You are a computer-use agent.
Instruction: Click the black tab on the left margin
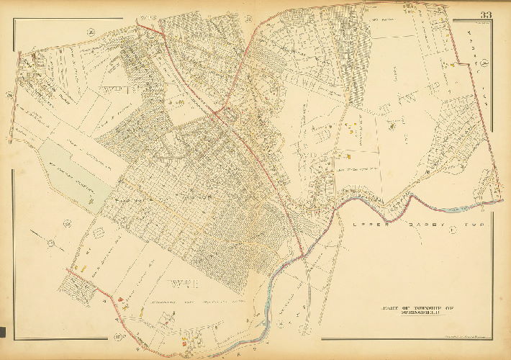click(x=3, y=332)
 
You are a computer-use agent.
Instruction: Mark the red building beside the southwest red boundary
click(x=119, y=300)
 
